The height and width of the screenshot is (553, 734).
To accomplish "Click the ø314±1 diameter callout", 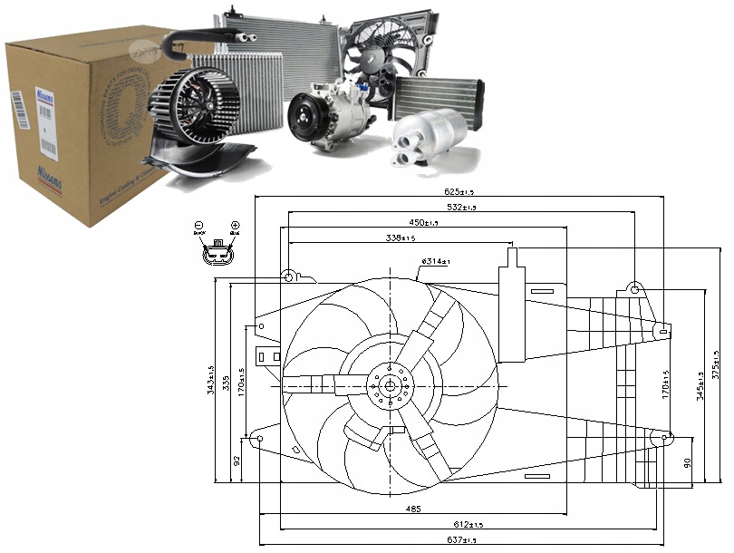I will coord(435,262).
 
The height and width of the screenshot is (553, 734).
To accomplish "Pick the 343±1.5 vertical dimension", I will coord(211,380).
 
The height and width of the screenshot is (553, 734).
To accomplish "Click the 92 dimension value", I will coord(238,461).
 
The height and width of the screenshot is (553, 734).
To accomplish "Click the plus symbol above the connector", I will coord(234,224).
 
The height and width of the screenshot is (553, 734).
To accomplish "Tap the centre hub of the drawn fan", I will coord(391,387).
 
